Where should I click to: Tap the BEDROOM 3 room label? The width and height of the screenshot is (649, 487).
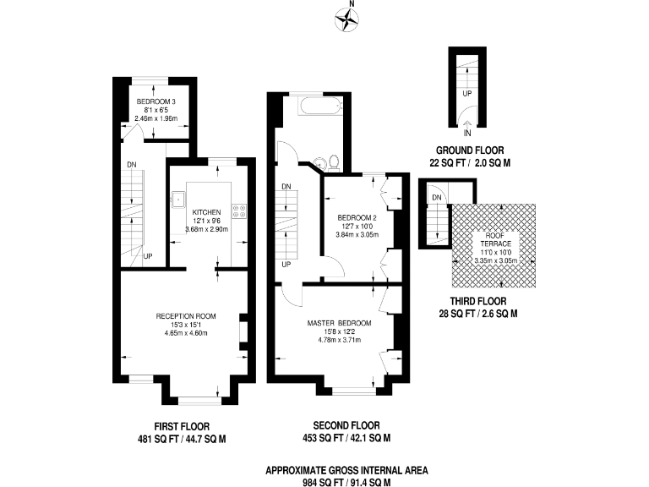pos(155,102)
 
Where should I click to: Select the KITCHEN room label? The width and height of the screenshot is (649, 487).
pos(206,212)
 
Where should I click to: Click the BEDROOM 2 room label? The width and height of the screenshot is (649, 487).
pos(357,217)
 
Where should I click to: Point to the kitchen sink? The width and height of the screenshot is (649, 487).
pos(178,200)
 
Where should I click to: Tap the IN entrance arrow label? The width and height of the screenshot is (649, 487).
pos(466,131)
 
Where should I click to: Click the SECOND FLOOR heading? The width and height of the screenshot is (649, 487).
pos(346,426)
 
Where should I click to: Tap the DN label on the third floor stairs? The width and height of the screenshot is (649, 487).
pos(436,199)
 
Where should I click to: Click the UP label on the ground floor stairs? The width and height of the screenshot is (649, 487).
pos(466,94)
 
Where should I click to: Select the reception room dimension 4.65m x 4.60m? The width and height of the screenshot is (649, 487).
pos(185,333)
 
